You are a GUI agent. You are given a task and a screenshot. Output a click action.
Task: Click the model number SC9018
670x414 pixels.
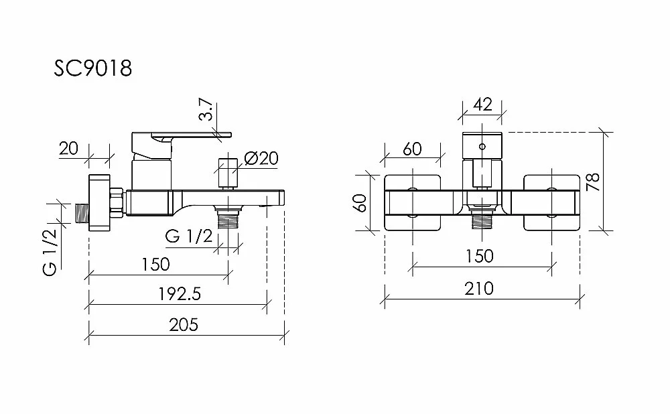click(92, 68)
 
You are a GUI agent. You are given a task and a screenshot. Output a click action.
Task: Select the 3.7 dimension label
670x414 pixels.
click(206, 110)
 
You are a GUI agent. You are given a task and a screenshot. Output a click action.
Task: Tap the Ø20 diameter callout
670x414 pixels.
click(261, 158)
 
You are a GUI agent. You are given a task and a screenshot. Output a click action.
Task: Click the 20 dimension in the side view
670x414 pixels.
click(69, 149)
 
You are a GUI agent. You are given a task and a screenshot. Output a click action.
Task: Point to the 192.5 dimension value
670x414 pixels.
click(180, 294)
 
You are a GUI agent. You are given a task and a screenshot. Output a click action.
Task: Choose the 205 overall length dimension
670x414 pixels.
click(184, 325)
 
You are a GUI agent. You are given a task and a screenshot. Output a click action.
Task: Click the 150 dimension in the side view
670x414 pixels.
click(155, 264)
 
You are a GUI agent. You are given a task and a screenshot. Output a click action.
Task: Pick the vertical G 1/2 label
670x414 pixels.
click(50, 252)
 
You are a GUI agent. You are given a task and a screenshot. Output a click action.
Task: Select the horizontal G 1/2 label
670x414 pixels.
click(189, 236)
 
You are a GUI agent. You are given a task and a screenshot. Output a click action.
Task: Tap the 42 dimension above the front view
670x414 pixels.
click(483, 105)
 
